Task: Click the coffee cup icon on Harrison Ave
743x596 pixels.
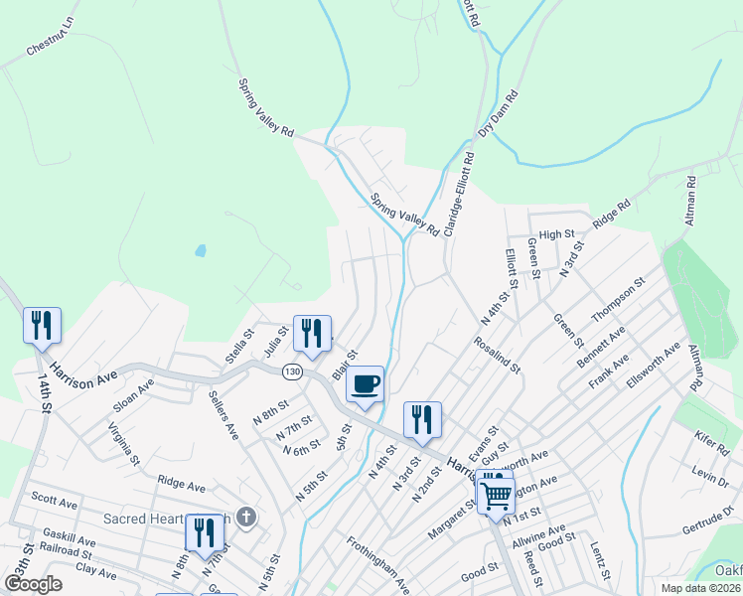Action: click(365, 384)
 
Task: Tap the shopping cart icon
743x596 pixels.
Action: click(496, 493)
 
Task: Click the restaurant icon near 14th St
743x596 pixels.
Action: click(42, 326)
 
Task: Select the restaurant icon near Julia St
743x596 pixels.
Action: click(312, 335)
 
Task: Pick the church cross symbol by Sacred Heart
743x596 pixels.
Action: click(247, 518)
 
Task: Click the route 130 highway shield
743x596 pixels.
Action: click(292, 372)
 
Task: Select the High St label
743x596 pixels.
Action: click(557, 234)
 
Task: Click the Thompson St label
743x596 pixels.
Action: click(618, 298)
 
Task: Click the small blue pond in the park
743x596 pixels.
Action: click(201, 250)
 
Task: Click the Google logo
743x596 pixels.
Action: click(33, 584)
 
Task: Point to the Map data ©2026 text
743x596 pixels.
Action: click(699, 588)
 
